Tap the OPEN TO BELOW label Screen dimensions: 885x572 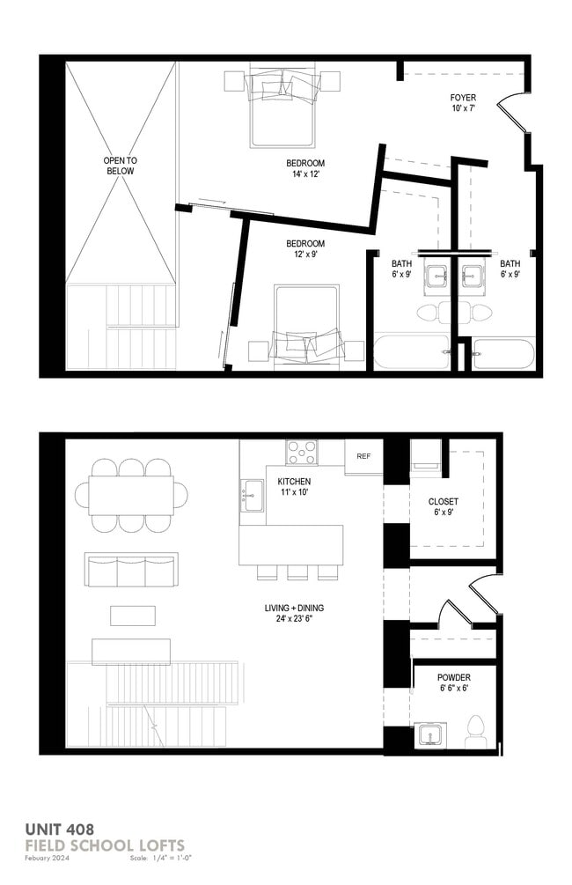coord(120,166)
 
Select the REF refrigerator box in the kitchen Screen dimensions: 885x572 coord(363,456)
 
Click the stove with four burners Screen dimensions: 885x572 coord(302,453)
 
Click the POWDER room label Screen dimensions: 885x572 coord(453,682)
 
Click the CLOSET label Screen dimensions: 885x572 coord(444,506)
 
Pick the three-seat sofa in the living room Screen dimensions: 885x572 coord(130,571)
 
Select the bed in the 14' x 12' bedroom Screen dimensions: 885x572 coord(282,105)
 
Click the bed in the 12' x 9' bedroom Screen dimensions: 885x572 coord(306,323)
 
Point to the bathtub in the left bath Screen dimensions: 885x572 coord(410,352)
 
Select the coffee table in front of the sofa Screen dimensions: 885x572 coord(133,614)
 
